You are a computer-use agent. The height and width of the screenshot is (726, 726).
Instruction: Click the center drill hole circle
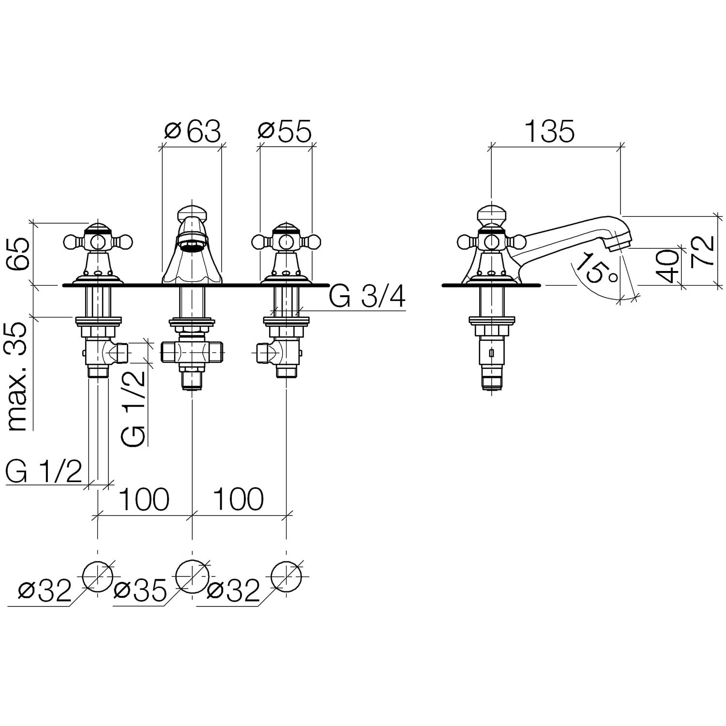[x=192, y=577]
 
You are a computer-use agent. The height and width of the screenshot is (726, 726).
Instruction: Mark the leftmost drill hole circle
[x=98, y=577]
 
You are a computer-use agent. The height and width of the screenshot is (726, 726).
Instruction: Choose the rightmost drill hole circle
[x=287, y=577]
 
